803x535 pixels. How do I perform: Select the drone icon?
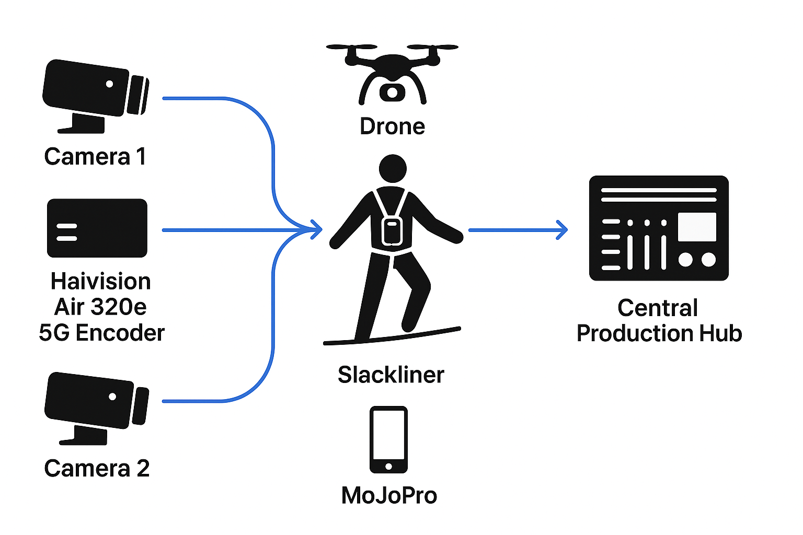(x=392, y=73)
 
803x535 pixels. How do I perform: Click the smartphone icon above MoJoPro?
(x=388, y=439)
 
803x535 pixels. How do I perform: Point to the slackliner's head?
(x=393, y=168)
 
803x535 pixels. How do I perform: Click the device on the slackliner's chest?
(x=392, y=231)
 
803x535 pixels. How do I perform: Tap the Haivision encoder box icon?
(x=97, y=228)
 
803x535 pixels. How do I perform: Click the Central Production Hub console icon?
(x=659, y=228)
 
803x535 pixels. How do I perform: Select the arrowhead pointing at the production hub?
(x=563, y=230)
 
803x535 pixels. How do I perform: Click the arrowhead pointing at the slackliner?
(x=317, y=230)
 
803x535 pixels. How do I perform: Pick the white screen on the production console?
(x=697, y=227)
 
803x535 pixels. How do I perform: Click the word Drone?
(x=393, y=126)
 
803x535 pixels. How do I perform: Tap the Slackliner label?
(x=391, y=375)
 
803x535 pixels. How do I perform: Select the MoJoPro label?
(x=389, y=495)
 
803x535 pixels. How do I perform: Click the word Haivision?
(x=101, y=282)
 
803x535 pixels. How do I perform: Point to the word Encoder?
(x=120, y=333)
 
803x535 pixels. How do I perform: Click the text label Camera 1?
(x=95, y=157)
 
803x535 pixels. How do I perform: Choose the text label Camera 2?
(x=97, y=468)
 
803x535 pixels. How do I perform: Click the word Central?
(x=658, y=308)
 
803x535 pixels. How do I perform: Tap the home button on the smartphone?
(x=388, y=467)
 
